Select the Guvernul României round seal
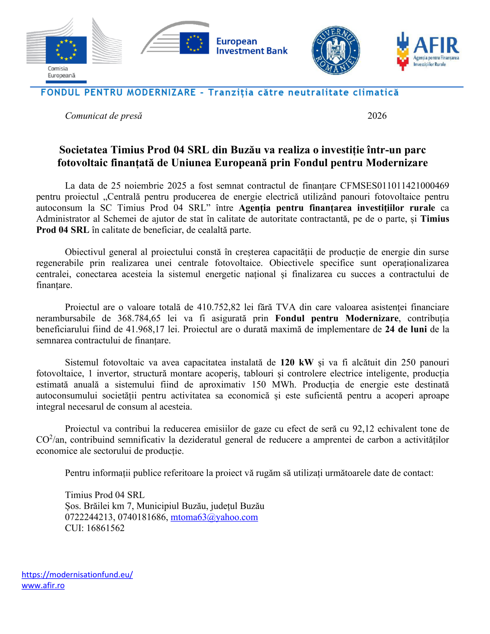click(335, 50)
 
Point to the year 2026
click(377, 116)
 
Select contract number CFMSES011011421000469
click(394, 185)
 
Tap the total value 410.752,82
click(218, 307)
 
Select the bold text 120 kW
click(297, 363)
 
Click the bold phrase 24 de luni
click(406, 329)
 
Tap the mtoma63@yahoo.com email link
click(214, 517)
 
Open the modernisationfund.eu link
click(77, 575)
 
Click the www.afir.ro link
click(43, 585)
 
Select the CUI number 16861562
click(105, 528)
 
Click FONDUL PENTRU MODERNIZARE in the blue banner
click(118, 93)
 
